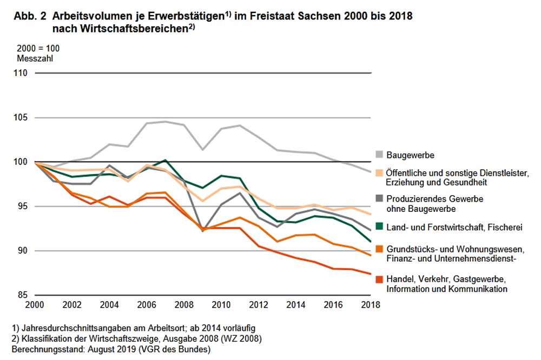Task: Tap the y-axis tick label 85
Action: point(25,295)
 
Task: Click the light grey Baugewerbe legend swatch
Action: point(380,155)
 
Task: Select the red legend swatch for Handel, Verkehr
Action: point(380,279)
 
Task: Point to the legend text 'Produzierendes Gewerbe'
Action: point(434,199)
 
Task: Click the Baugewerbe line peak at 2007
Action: point(166,122)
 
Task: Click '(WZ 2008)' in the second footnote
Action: point(246,339)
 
